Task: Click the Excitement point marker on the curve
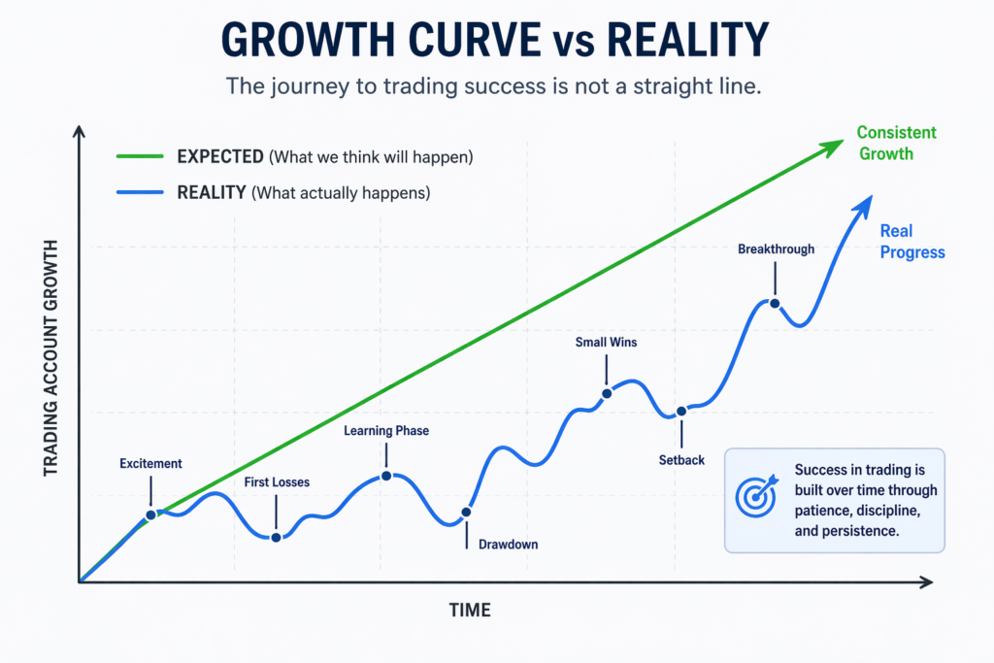[x=151, y=515]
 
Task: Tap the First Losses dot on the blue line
[x=277, y=537]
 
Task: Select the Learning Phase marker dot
[x=386, y=476]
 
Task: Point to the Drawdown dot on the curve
[x=467, y=512]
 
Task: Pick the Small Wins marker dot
[x=607, y=393]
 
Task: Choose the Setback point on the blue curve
[x=681, y=412]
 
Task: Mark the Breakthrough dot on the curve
[x=775, y=303]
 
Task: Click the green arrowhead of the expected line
[x=833, y=146]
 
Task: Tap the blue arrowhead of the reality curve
[x=861, y=204]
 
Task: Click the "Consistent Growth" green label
[x=896, y=143]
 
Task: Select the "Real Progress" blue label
[x=911, y=242]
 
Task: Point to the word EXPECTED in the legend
[x=220, y=156]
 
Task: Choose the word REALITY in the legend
[x=212, y=192]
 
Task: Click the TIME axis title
[x=470, y=611]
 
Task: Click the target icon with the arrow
[x=757, y=496]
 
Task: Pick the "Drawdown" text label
[x=508, y=545]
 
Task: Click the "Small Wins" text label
[x=607, y=342]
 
